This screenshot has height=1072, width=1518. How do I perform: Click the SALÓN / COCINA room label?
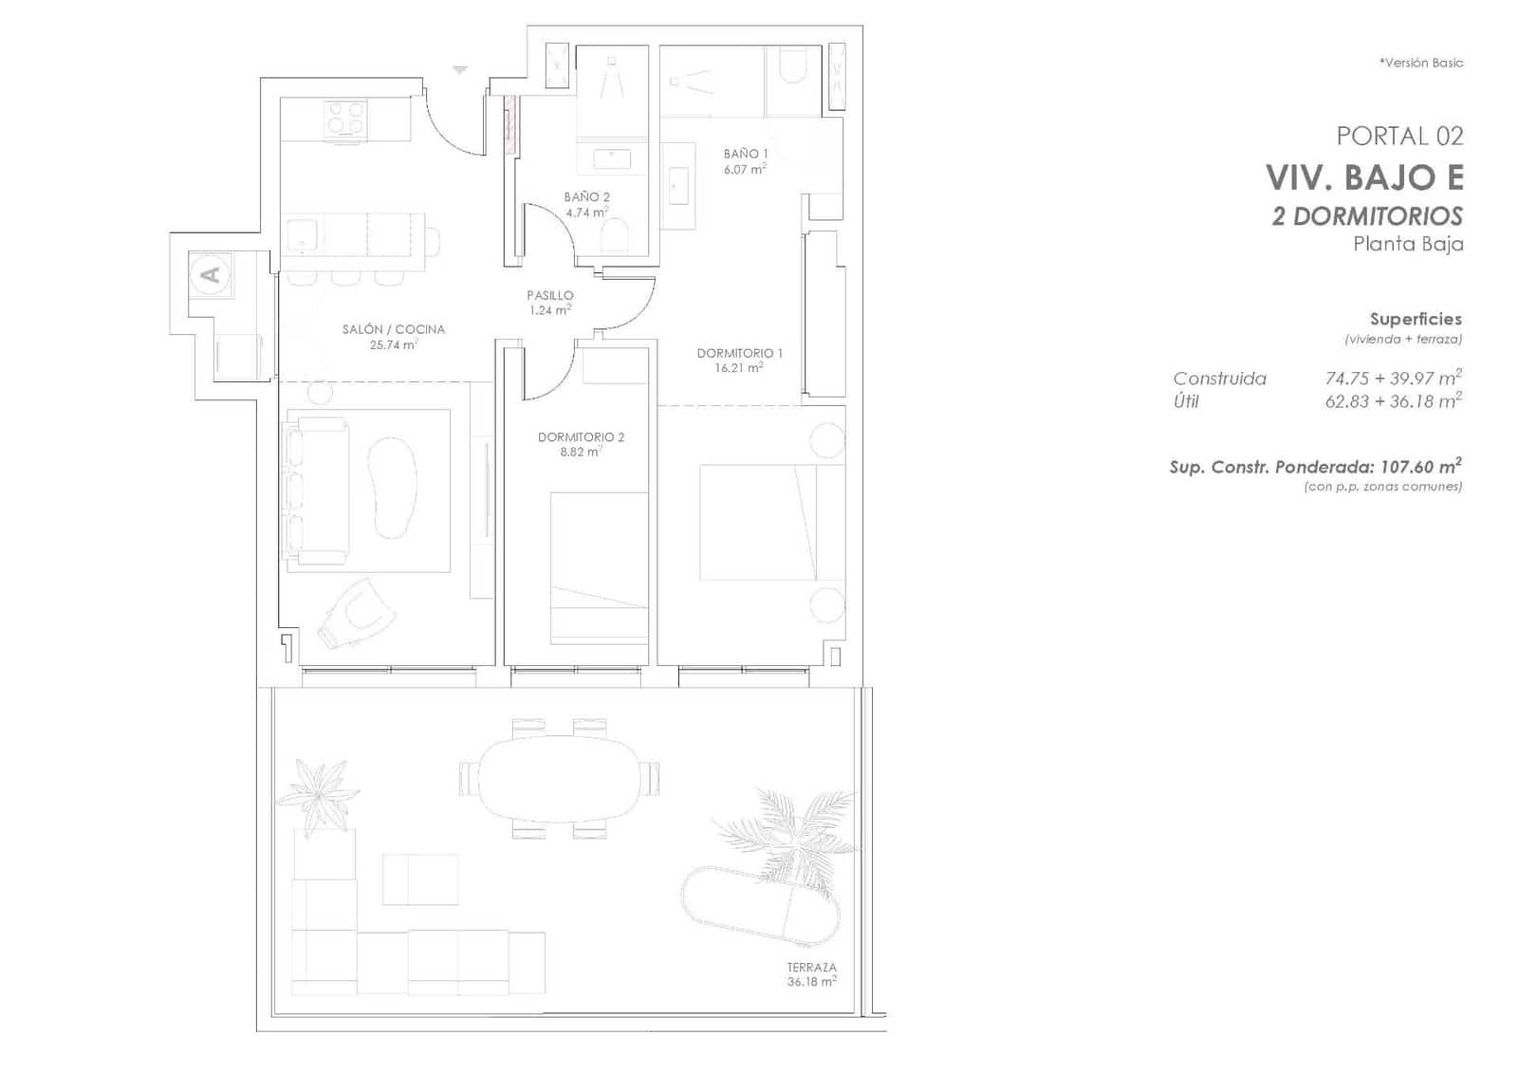coord(394,329)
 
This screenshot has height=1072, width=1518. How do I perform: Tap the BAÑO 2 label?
coord(587,197)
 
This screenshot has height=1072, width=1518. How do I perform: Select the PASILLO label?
coord(550,295)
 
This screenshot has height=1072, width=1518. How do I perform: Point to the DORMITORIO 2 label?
coord(581,437)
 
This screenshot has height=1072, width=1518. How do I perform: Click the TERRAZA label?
coord(812,967)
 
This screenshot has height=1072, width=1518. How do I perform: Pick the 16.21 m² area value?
coord(739,368)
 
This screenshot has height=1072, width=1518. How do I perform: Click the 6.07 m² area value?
coord(745,170)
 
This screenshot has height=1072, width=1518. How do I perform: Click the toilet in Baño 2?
coord(616,235)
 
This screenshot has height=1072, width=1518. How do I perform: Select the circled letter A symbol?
coord(212,274)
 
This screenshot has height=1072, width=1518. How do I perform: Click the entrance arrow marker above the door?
coord(460,70)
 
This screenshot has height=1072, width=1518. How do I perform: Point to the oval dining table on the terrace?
coord(559,779)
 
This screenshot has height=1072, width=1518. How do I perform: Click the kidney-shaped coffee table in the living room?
coord(392,487)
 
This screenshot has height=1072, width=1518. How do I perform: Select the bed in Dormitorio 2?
coord(599,568)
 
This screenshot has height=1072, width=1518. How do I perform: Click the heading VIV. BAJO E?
coord(1364,177)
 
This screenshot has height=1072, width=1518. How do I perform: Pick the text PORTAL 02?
coord(1399,137)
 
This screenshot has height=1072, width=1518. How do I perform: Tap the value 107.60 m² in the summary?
coord(1419,466)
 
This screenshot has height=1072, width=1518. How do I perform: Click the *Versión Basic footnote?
coord(1421,63)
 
